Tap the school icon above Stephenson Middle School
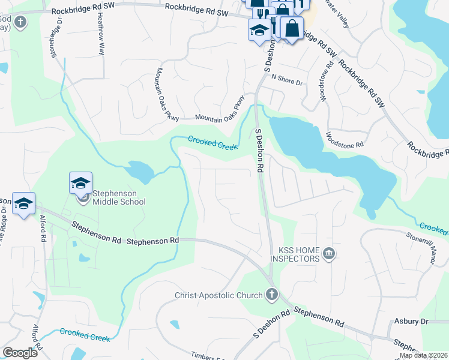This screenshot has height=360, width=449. (81, 184)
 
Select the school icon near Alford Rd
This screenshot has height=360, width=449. (23, 204)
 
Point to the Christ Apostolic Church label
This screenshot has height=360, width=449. (218, 295)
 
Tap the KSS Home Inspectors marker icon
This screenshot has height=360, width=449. (328, 254)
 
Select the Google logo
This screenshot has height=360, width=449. (20, 353)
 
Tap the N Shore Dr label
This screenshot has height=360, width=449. (287, 78)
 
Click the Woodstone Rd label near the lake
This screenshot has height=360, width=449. (345, 140)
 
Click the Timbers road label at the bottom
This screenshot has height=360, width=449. (207, 355)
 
